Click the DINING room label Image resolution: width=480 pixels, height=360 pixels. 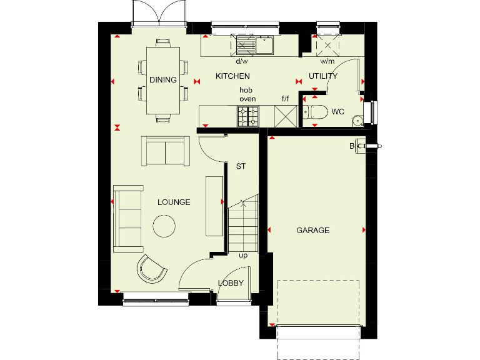pyautogui.click(x=162, y=80)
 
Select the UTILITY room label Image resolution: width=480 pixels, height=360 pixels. pyautogui.click(x=323, y=76)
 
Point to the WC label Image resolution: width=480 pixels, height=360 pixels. pyautogui.click(x=337, y=112)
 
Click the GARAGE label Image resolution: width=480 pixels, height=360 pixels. pyautogui.click(x=312, y=231)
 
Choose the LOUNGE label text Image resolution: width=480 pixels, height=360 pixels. pyautogui.click(x=174, y=202)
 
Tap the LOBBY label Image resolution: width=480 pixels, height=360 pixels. pyautogui.click(x=231, y=283)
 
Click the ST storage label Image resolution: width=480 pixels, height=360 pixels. pyautogui.click(x=241, y=167)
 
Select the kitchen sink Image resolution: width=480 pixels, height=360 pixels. pyautogui.click(x=255, y=46)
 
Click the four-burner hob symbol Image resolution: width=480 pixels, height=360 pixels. pyautogui.click(x=248, y=116)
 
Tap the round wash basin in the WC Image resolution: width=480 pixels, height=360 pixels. pyautogui.click(x=357, y=121)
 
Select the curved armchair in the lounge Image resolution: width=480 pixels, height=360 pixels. pyautogui.click(x=152, y=269)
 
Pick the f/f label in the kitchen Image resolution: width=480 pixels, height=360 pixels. pyautogui.click(x=286, y=99)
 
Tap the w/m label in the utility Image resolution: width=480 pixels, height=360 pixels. pyautogui.click(x=326, y=62)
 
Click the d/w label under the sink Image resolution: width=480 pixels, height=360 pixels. pyautogui.click(x=241, y=62)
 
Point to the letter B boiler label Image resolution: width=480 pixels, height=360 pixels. pyautogui.click(x=352, y=146)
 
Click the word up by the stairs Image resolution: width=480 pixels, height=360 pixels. pyautogui.click(x=243, y=256)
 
